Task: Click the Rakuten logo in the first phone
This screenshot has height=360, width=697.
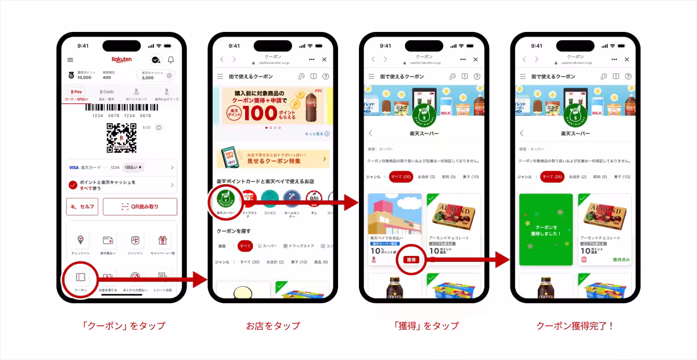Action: [121, 60]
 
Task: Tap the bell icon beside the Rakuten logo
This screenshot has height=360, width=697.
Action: [171, 60]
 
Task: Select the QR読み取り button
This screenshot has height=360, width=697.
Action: [140, 207]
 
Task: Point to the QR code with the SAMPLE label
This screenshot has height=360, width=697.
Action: [121, 138]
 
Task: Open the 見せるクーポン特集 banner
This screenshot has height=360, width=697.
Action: [272, 159]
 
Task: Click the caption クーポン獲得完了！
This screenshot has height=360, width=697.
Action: [575, 326]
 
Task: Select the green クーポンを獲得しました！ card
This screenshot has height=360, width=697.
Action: [546, 230]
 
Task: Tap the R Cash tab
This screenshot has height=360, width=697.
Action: [106, 93]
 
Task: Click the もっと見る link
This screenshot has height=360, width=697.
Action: [317, 134]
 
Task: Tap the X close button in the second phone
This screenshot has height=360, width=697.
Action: [324, 60]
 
